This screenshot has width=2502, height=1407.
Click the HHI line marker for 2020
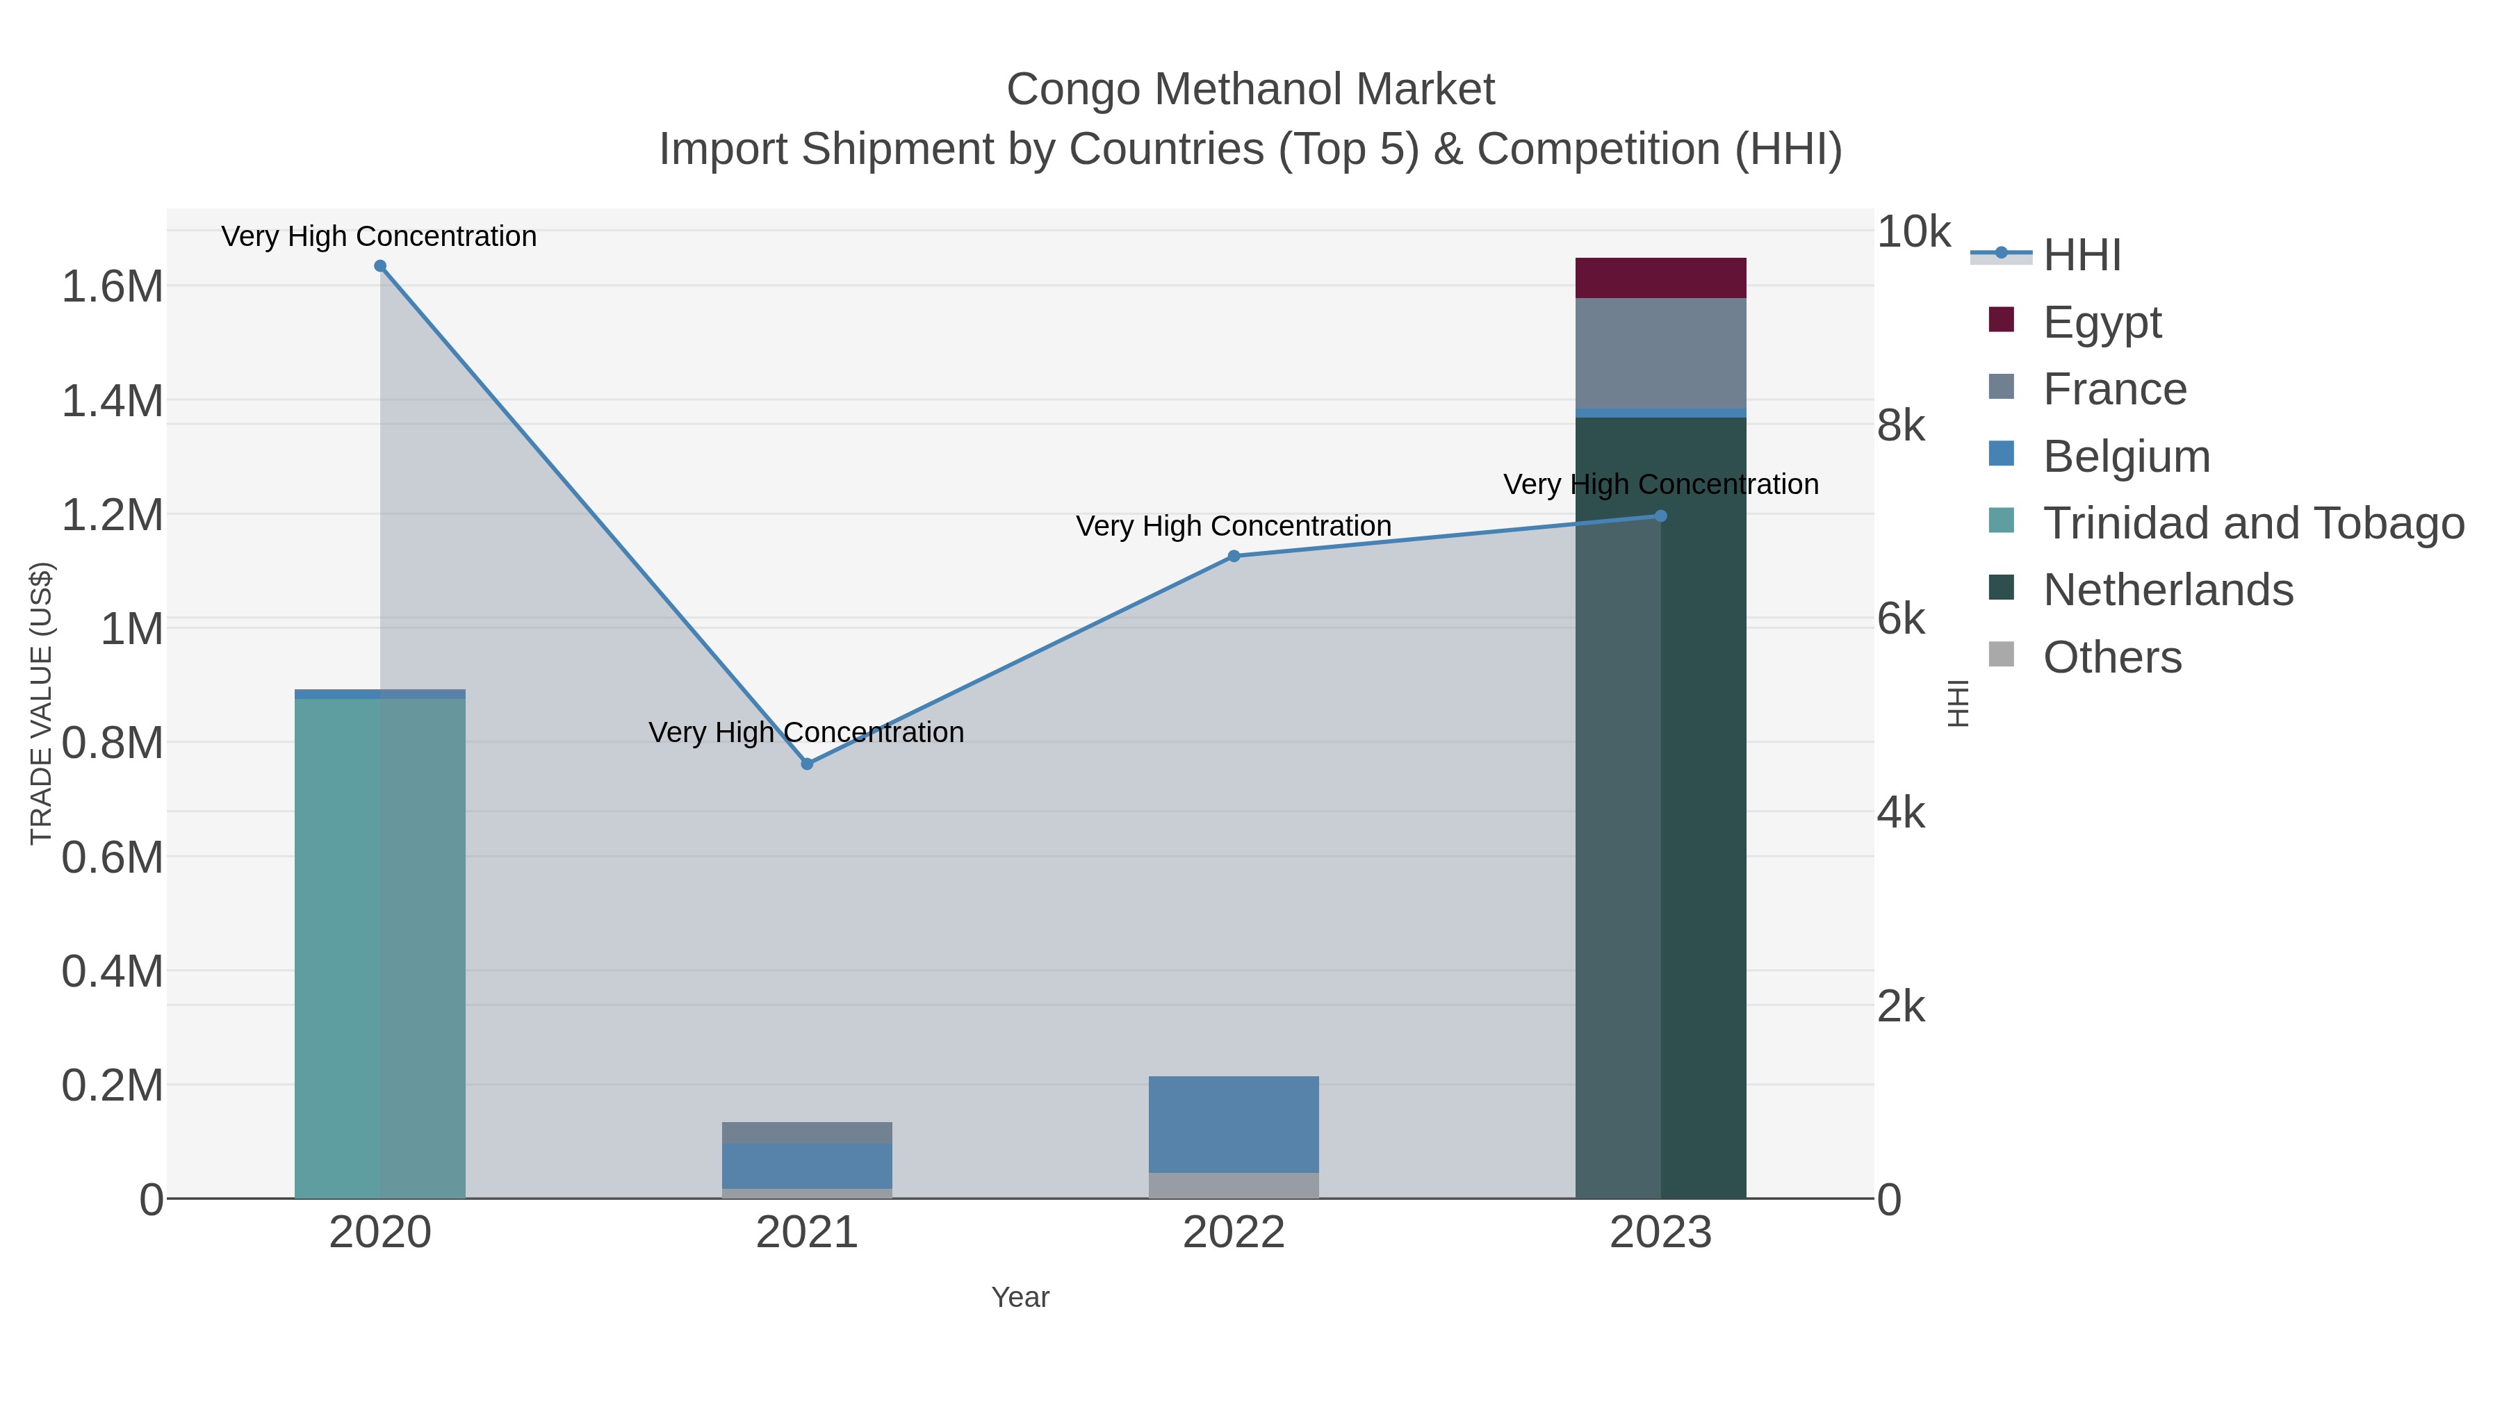(x=379, y=266)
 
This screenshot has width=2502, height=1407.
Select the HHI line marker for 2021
(x=806, y=764)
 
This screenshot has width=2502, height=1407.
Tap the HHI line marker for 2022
(x=1234, y=557)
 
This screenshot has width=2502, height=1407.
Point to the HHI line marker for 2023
(x=1660, y=516)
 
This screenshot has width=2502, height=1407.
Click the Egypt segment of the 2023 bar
(x=1660, y=278)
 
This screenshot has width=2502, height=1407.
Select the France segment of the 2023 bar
(x=1660, y=354)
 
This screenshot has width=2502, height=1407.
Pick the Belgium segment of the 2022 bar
(x=1234, y=1124)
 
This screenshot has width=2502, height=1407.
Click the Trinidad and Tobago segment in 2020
(x=379, y=947)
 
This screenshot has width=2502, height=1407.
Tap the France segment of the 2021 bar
(x=806, y=1133)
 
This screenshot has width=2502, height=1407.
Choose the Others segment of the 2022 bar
(x=1234, y=1185)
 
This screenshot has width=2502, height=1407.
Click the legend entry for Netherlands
(x=2167, y=589)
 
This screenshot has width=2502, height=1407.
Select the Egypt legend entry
(x=2101, y=322)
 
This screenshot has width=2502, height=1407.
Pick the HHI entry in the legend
(x=2082, y=256)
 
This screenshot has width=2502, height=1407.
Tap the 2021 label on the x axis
(x=806, y=1232)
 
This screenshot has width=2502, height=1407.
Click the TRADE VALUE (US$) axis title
(x=42, y=703)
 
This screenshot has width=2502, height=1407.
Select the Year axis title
(x=1020, y=1297)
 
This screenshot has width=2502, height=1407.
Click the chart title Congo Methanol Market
(x=1250, y=90)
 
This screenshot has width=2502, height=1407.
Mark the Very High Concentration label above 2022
(x=1234, y=525)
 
